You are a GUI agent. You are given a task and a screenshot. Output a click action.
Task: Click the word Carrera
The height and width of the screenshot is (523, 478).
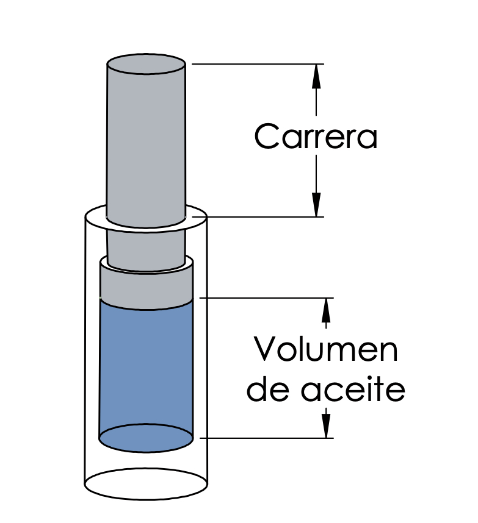tap(316, 136)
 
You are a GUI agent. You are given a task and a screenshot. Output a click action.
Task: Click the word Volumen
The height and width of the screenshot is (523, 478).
tap(325, 349)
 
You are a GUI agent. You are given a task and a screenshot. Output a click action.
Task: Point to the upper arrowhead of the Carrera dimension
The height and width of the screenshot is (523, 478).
tap(316, 76)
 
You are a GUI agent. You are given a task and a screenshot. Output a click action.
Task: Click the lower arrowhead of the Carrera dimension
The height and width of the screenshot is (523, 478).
tap(316, 204)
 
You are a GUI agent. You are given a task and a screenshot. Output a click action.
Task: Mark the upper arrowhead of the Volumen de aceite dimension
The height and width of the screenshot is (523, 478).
tap(326, 310)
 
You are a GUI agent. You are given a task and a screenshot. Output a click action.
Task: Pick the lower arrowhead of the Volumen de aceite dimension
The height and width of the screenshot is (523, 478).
tap(326, 425)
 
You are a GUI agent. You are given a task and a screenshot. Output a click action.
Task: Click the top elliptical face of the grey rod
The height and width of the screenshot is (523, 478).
tap(146, 64)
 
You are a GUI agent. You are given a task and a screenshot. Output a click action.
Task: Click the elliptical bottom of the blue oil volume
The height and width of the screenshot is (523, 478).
tap(146, 438)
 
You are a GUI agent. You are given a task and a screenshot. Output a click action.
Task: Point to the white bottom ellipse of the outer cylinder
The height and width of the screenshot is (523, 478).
tap(146, 483)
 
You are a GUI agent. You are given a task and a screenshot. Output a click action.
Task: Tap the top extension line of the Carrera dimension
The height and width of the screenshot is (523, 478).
tap(258, 64)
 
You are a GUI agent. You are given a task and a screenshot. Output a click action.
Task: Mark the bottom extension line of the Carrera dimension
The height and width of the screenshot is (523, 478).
tap(258, 217)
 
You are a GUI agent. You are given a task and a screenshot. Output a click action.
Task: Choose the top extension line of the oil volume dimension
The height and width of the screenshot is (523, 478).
tap(267, 298)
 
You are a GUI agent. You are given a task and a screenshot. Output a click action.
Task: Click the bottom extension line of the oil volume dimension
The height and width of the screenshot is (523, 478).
tap(267, 438)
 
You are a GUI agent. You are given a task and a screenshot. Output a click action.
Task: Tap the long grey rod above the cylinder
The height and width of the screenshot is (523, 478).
tap(146, 140)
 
